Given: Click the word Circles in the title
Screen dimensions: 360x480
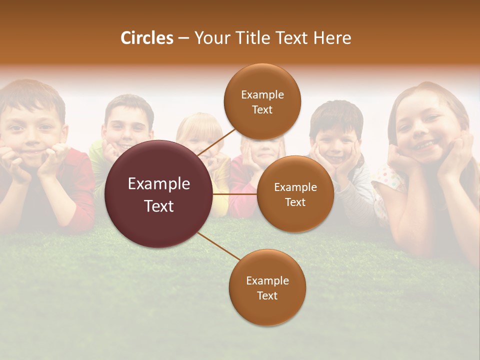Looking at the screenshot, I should coord(147,38).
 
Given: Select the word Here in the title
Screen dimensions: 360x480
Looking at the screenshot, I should coord(332,38).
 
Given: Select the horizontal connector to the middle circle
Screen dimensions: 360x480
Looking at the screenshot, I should coord(235,193).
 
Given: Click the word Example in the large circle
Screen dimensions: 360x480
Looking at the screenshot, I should coord(159,184).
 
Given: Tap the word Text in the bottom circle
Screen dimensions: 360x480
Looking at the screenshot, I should coord(267,296).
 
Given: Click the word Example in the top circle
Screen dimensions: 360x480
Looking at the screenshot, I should coord(262,95).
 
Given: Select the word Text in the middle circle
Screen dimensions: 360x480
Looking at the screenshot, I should coord(295,202).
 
